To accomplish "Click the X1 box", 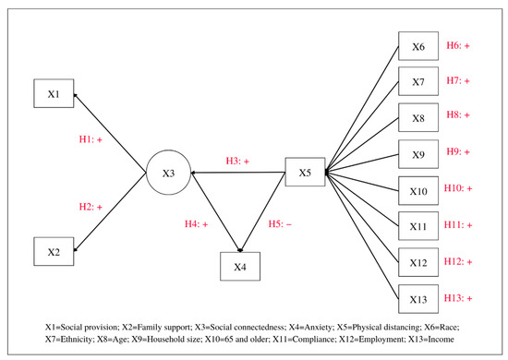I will pyautogui.click(x=54, y=93).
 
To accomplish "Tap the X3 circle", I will pyautogui.click(x=168, y=174).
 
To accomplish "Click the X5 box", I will pyautogui.click(x=305, y=173).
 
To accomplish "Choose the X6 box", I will pyautogui.click(x=417, y=47).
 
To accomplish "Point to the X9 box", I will pyautogui.click(x=417, y=155).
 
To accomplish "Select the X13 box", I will pyautogui.click(x=417, y=299).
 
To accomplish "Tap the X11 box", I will pyautogui.click(x=417, y=227).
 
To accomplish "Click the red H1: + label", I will pyautogui.click(x=97, y=139).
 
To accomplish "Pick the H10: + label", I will pyautogui.click(x=458, y=189).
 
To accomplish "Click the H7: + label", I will pyautogui.click(x=458, y=81).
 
